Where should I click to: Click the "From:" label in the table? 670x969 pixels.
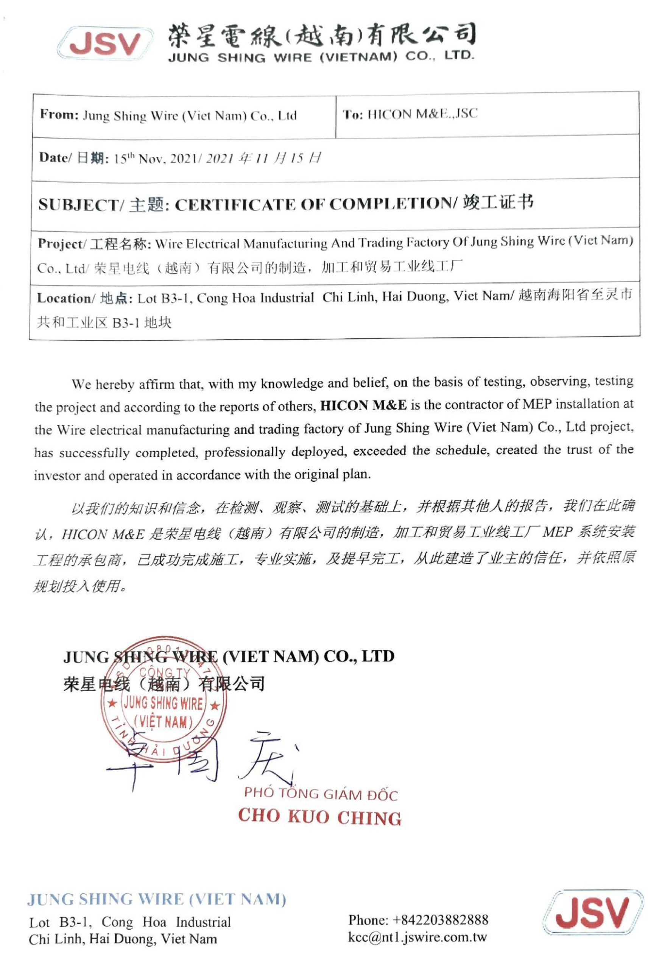click(x=59, y=115)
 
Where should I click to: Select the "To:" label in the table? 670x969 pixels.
click(x=353, y=114)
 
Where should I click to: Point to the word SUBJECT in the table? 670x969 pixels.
click(x=79, y=205)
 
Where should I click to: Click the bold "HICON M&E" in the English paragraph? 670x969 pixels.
click(x=363, y=405)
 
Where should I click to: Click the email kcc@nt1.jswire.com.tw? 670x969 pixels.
click(x=417, y=937)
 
